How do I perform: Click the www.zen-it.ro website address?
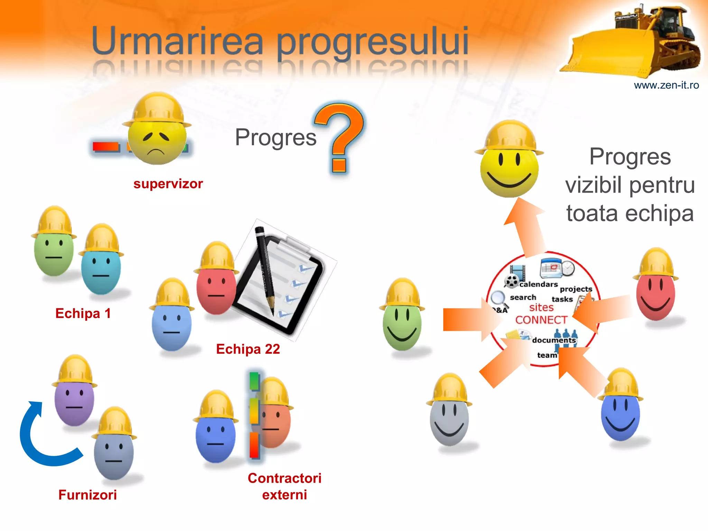[666, 85]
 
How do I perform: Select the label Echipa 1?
[83, 313]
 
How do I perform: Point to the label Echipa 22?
[248, 349]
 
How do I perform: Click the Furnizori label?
[87, 495]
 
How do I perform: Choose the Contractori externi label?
[285, 486]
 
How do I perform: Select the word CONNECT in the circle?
[541, 320]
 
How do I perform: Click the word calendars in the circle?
[538, 284]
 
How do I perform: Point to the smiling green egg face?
[402, 322]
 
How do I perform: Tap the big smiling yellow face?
[509, 169]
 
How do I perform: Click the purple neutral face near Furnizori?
[74, 401]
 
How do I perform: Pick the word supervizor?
[168, 184]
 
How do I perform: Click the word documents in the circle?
[554, 340]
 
